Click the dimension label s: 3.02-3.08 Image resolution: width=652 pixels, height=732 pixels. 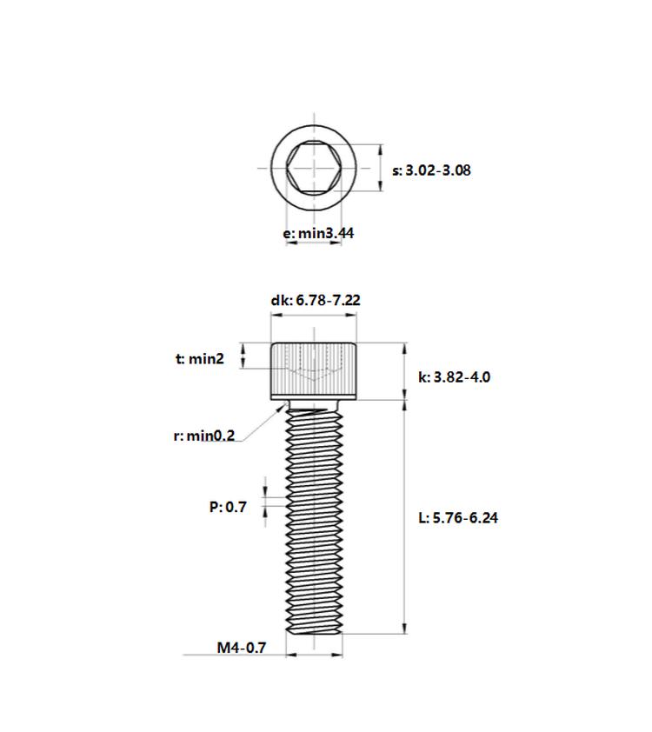click(431, 170)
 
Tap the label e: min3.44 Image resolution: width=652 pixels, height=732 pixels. click(318, 233)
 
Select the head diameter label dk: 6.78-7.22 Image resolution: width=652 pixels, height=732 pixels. click(316, 300)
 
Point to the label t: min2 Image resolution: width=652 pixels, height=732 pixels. click(200, 358)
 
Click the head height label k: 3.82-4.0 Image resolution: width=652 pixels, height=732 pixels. click(454, 377)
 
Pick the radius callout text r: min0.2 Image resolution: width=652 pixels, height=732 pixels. click(204, 436)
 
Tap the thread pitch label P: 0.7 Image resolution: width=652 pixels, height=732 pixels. click(228, 507)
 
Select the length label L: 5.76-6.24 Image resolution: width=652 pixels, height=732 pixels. click(458, 518)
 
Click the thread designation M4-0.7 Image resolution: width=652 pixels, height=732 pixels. click(242, 648)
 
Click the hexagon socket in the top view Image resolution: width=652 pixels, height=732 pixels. click(314, 168)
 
